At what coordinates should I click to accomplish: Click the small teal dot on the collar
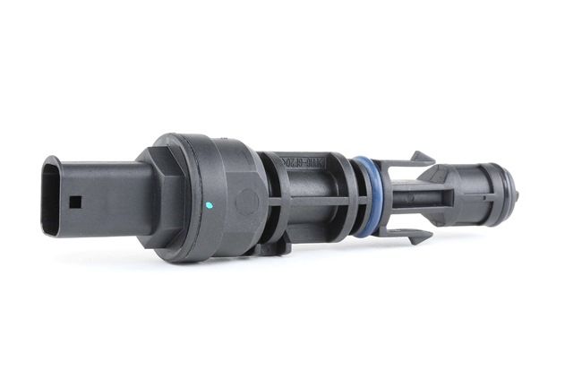209,204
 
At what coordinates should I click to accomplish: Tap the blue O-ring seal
363,195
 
